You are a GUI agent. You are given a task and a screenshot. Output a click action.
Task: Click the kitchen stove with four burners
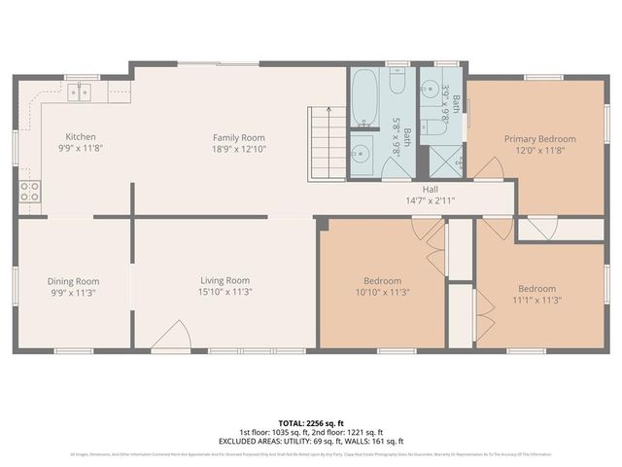click(29, 191)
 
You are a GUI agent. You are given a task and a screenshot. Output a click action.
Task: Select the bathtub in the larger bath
click(366, 98)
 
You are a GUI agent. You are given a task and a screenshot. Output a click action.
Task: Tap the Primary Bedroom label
click(539, 139)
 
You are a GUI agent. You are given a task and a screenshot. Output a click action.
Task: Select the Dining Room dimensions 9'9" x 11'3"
click(73, 292)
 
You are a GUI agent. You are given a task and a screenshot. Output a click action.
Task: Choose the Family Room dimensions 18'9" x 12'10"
click(239, 150)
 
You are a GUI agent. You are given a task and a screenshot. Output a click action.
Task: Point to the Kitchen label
click(81, 137)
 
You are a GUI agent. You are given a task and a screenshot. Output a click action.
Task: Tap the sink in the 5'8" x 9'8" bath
click(361, 153)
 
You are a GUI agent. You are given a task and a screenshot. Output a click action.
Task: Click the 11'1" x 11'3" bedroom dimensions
click(536, 300)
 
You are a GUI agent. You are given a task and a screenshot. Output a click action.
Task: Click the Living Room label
click(225, 280)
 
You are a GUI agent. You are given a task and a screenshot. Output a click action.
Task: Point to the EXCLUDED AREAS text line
click(311, 441)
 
